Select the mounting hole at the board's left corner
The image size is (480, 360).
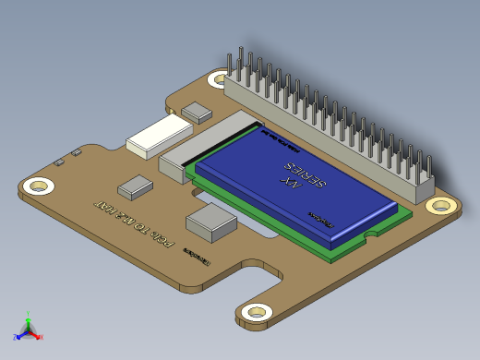[x=38, y=186]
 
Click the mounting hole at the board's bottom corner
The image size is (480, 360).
[x=254, y=312]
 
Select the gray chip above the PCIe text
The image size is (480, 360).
[x=136, y=186]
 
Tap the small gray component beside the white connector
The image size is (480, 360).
[x=197, y=113]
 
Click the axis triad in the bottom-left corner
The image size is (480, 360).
[x=28, y=328]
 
